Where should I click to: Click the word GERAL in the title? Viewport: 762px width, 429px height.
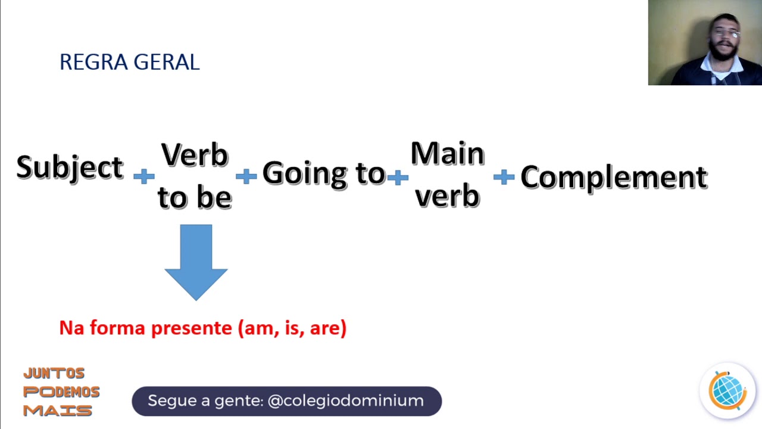tap(167, 63)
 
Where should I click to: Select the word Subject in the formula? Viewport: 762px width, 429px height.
tap(70, 168)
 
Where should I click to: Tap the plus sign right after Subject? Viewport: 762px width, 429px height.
tap(144, 176)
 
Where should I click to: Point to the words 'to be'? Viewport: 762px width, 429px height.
tap(195, 197)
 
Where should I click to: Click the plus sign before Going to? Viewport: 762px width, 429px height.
tap(246, 176)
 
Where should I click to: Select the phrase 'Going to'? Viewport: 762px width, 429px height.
tap(324, 174)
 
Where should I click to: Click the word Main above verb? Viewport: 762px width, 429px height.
tap(448, 154)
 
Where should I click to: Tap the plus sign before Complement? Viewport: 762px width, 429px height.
tap(504, 177)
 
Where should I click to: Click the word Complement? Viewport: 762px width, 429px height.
tap(614, 178)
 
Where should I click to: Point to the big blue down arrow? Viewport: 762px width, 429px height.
tap(196, 262)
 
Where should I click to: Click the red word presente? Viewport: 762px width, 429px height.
tap(192, 328)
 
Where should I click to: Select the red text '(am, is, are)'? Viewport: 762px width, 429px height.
tap(292, 328)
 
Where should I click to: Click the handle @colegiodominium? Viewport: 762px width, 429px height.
tap(346, 401)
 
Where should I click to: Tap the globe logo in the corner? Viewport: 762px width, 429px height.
tap(727, 390)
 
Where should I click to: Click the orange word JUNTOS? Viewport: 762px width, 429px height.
tap(54, 374)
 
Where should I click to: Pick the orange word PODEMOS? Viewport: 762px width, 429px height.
tap(61, 392)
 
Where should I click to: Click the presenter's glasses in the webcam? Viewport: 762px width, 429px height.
tap(726, 33)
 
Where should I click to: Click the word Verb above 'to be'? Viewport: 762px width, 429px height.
tap(195, 156)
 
